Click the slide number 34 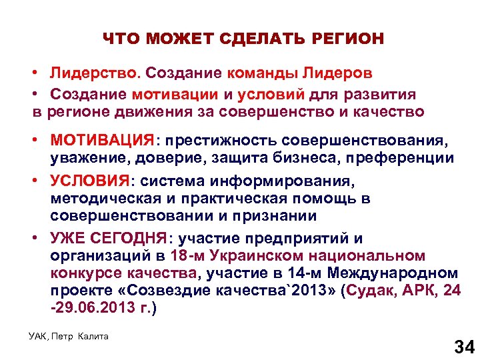coord(463,346)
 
